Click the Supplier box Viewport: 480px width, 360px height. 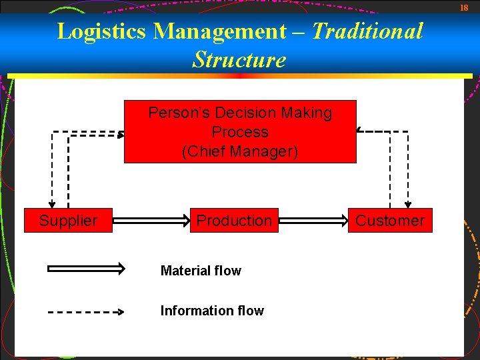[68, 221]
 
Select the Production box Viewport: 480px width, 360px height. [234, 221]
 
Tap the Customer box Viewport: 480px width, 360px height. [390, 221]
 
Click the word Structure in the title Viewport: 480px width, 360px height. [239, 60]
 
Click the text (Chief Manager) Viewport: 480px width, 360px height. [240, 151]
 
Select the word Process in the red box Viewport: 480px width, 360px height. [240, 132]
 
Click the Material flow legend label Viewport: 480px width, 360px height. [201, 271]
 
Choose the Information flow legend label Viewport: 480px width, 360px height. [212, 311]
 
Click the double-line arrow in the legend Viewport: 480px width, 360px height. [86, 269]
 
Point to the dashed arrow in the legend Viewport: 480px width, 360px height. [86, 311]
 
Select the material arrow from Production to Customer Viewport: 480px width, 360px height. [312, 219]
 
